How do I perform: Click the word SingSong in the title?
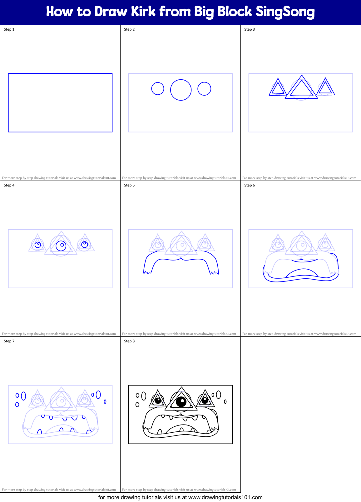285,12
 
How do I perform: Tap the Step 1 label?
9,29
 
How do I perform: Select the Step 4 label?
9,185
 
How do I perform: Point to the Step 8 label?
129,341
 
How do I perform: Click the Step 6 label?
250,185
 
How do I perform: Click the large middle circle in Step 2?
181,90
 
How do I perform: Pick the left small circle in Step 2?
158,88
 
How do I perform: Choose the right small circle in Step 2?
204,89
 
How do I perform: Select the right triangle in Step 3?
326,87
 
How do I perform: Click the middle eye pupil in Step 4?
61,246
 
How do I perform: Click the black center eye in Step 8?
181,401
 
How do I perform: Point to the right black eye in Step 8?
205,400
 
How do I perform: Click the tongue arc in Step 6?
302,272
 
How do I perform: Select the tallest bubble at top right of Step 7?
98,395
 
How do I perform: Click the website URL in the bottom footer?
225,497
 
